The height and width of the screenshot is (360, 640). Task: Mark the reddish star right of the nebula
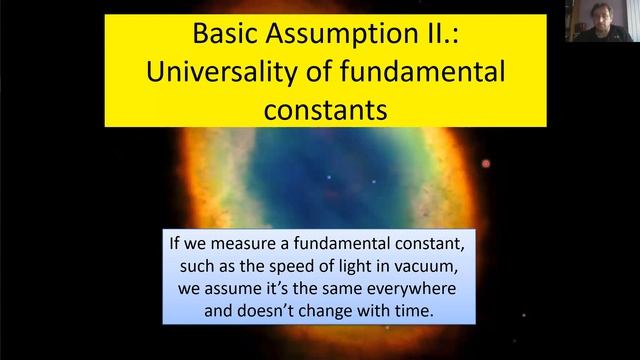pyautogui.click(x=487, y=163)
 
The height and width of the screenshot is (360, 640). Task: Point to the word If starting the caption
pyautogui.click(x=176, y=244)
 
